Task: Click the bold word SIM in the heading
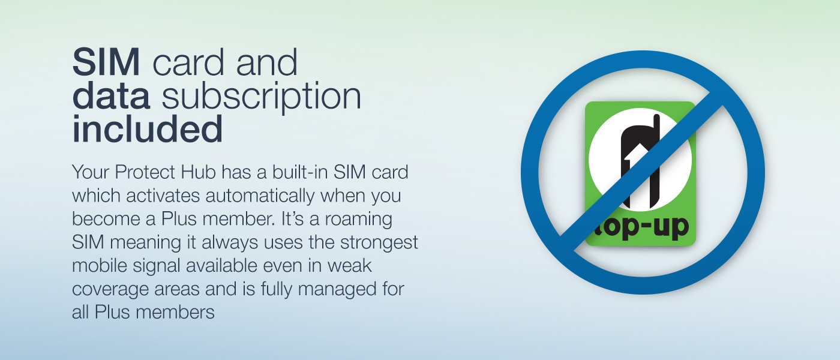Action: click(x=106, y=62)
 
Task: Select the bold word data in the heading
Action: click(x=112, y=95)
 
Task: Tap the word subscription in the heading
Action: click(x=262, y=97)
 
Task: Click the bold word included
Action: click(x=148, y=128)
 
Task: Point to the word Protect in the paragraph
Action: click(x=145, y=172)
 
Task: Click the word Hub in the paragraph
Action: click(x=199, y=172)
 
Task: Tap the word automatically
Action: click(x=260, y=196)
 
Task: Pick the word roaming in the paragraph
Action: click(x=359, y=219)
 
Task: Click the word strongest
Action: click(x=379, y=242)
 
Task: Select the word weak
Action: click(x=349, y=266)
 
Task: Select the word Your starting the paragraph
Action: click(x=91, y=172)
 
